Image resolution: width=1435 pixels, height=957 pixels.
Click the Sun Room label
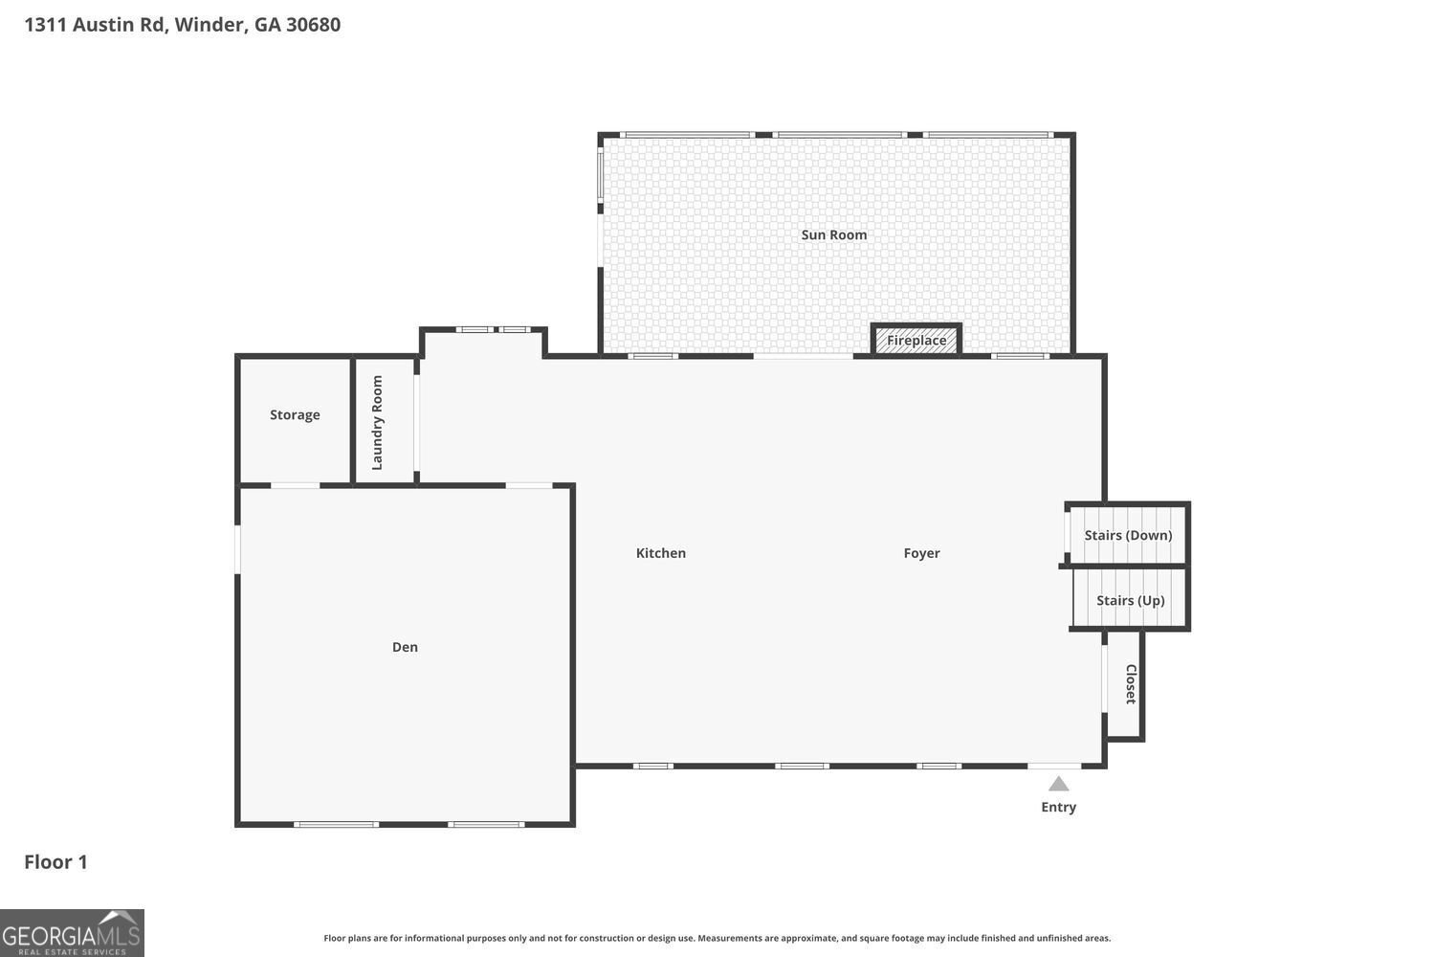point(833,234)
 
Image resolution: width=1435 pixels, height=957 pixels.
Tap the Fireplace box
point(916,340)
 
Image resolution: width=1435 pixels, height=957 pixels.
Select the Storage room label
point(295,414)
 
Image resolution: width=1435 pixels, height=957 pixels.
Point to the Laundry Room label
point(377,422)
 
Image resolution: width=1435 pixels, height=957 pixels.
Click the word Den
point(405,647)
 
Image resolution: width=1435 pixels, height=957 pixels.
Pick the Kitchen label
point(660,553)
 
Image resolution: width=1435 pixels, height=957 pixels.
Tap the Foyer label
point(921,553)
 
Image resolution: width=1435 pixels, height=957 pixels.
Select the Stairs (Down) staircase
point(1128,535)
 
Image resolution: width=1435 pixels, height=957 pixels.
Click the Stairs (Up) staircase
point(1130,600)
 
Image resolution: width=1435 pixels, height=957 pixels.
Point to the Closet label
point(1130,683)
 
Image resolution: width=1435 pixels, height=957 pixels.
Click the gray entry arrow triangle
point(1058,784)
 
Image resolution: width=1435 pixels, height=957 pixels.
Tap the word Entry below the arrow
point(1058,807)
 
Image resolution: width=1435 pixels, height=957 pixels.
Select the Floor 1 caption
point(55,861)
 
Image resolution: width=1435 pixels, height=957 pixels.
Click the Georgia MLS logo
point(72,933)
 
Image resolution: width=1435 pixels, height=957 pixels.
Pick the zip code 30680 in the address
point(313,25)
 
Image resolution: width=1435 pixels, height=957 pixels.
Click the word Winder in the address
point(209,25)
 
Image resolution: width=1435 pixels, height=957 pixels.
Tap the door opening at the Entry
point(1054,766)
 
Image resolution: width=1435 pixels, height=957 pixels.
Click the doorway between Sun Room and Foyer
point(803,356)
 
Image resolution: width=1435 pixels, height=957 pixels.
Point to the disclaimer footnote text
point(717,939)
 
